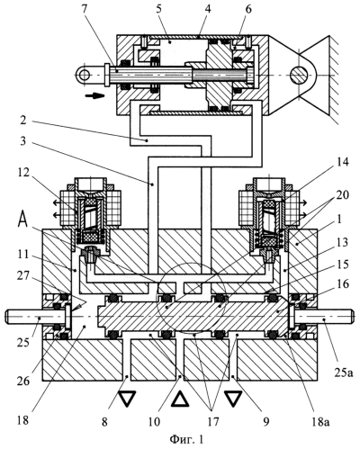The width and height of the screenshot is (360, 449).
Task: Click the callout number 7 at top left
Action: click(x=85, y=9)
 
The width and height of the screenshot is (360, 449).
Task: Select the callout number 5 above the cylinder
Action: click(x=158, y=8)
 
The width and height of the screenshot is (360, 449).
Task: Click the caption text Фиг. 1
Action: click(x=186, y=440)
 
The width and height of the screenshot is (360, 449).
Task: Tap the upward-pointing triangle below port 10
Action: click(x=180, y=400)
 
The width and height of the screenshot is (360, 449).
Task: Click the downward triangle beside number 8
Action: click(x=127, y=399)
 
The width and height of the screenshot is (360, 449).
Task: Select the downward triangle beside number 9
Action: click(x=233, y=399)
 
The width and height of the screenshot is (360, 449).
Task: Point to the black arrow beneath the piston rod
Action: click(x=94, y=96)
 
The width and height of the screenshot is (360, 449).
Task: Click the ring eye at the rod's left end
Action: click(x=84, y=74)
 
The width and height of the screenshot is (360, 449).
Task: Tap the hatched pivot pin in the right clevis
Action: click(x=301, y=74)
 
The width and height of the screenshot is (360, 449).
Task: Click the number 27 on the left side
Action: click(x=22, y=275)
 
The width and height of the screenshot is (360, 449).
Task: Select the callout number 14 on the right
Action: click(x=343, y=162)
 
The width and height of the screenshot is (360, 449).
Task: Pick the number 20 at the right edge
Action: click(x=343, y=195)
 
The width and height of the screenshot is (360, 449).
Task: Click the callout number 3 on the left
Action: click(x=22, y=141)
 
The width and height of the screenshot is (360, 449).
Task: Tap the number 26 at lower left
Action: click(x=23, y=381)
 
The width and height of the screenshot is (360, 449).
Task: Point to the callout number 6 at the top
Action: click(x=247, y=9)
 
